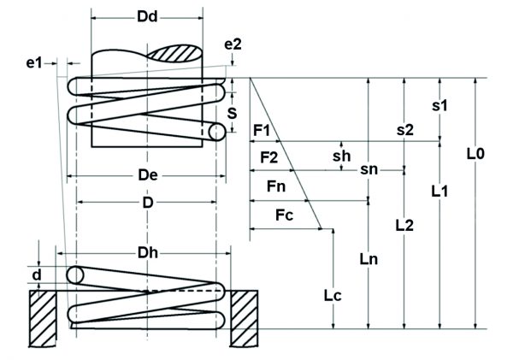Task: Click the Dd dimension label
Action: (148, 17)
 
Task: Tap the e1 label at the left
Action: (34, 62)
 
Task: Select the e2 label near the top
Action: (232, 44)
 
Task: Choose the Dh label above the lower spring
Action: (148, 253)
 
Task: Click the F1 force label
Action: (262, 130)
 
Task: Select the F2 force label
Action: (268, 158)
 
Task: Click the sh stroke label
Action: (341, 156)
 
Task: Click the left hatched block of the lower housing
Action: (42, 309)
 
